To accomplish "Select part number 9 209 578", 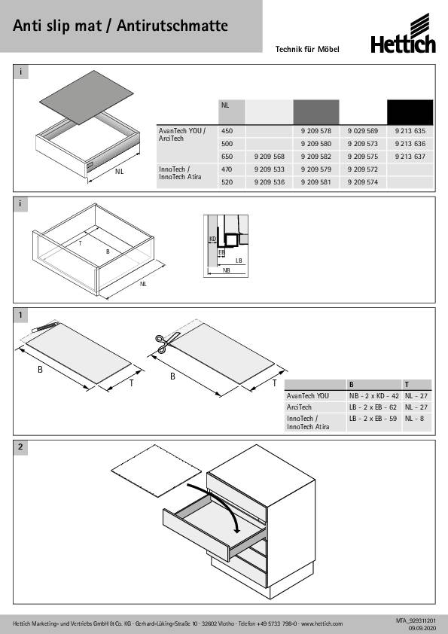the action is (x=315, y=131).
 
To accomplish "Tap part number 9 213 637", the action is (x=410, y=157).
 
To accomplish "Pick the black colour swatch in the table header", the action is (x=410, y=112).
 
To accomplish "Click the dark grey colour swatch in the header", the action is (x=315, y=112).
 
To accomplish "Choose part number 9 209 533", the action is (x=270, y=169).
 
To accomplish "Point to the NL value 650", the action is (x=227, y=157).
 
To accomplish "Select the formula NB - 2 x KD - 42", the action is (x=374, y=396).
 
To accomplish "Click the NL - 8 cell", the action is (x=414, y=419).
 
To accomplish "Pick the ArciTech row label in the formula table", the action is (x=299, y=407).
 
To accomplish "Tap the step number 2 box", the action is (x=20, y=447).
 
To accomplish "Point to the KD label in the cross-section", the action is (x=212, y=239).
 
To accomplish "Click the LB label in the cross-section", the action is (x=239, y=261).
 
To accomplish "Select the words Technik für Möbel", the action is (x=307, y=50).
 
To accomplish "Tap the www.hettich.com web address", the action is (x=322, y=623).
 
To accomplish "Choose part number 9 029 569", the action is (x=363, y=131).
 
